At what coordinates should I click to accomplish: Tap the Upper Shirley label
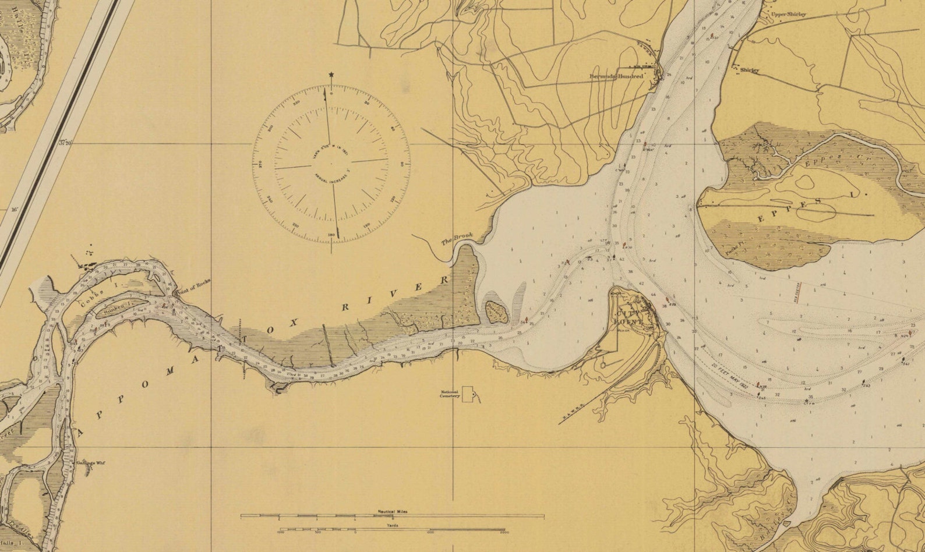pyautogui.click(x=789, y=14)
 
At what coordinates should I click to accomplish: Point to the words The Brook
pyautogui.click(x=457, y=239)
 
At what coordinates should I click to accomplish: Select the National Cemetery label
pyautogui.click(x=450, y=394)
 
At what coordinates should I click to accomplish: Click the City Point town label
pyautogui.click(x=628, y=314)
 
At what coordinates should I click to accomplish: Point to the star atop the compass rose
pyautogui.click(x=331, y=75)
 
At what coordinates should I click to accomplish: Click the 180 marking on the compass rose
pyautogui.click(x=331, y=235)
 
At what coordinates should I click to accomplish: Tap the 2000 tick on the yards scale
pyautogui.click(x=504, y=532)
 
